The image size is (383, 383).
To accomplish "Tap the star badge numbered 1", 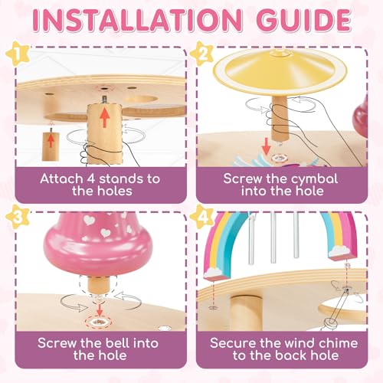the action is (x=18, y=54).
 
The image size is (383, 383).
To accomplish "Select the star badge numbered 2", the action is (x=202, y=54).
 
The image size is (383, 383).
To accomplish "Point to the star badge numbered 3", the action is (x=18, y=218).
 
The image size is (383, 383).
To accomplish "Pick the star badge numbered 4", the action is (x=202, y=218).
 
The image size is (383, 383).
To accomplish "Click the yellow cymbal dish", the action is (x=280, y=70).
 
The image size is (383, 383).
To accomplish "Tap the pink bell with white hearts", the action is (x=97, y=244).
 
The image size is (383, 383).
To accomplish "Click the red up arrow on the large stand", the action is (x=105, y=117).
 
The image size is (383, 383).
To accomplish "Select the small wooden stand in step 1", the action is (x=51, y=146).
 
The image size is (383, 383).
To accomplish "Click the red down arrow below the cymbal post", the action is (x=266, y=146).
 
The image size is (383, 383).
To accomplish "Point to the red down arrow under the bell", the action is (x=100, y=309).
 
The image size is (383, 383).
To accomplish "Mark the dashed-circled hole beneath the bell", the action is (x=99, y=322).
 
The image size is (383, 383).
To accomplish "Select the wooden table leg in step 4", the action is (x=246, y=313).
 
